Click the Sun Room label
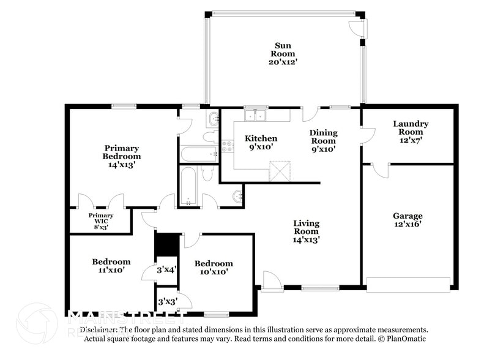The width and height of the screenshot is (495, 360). pos(282,53)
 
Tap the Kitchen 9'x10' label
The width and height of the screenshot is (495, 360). pos(261,142)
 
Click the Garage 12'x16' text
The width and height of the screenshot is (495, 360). pos(408,220)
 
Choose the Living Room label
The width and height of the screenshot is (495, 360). pos(306,231)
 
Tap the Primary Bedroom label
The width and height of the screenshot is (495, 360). pos(121,156)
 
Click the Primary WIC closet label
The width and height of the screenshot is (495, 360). pos(100,221)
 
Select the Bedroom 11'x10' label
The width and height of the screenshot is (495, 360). pos(111,265)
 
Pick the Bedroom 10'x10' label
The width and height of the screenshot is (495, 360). pos(214,268)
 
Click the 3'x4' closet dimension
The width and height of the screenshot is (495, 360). pos(167,269)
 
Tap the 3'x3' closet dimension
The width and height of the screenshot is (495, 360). pos(167,302)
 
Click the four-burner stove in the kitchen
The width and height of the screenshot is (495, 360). pos(227,146)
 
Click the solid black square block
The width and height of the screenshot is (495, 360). pos(166,244)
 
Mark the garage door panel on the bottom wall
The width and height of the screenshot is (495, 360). pos(408,283)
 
